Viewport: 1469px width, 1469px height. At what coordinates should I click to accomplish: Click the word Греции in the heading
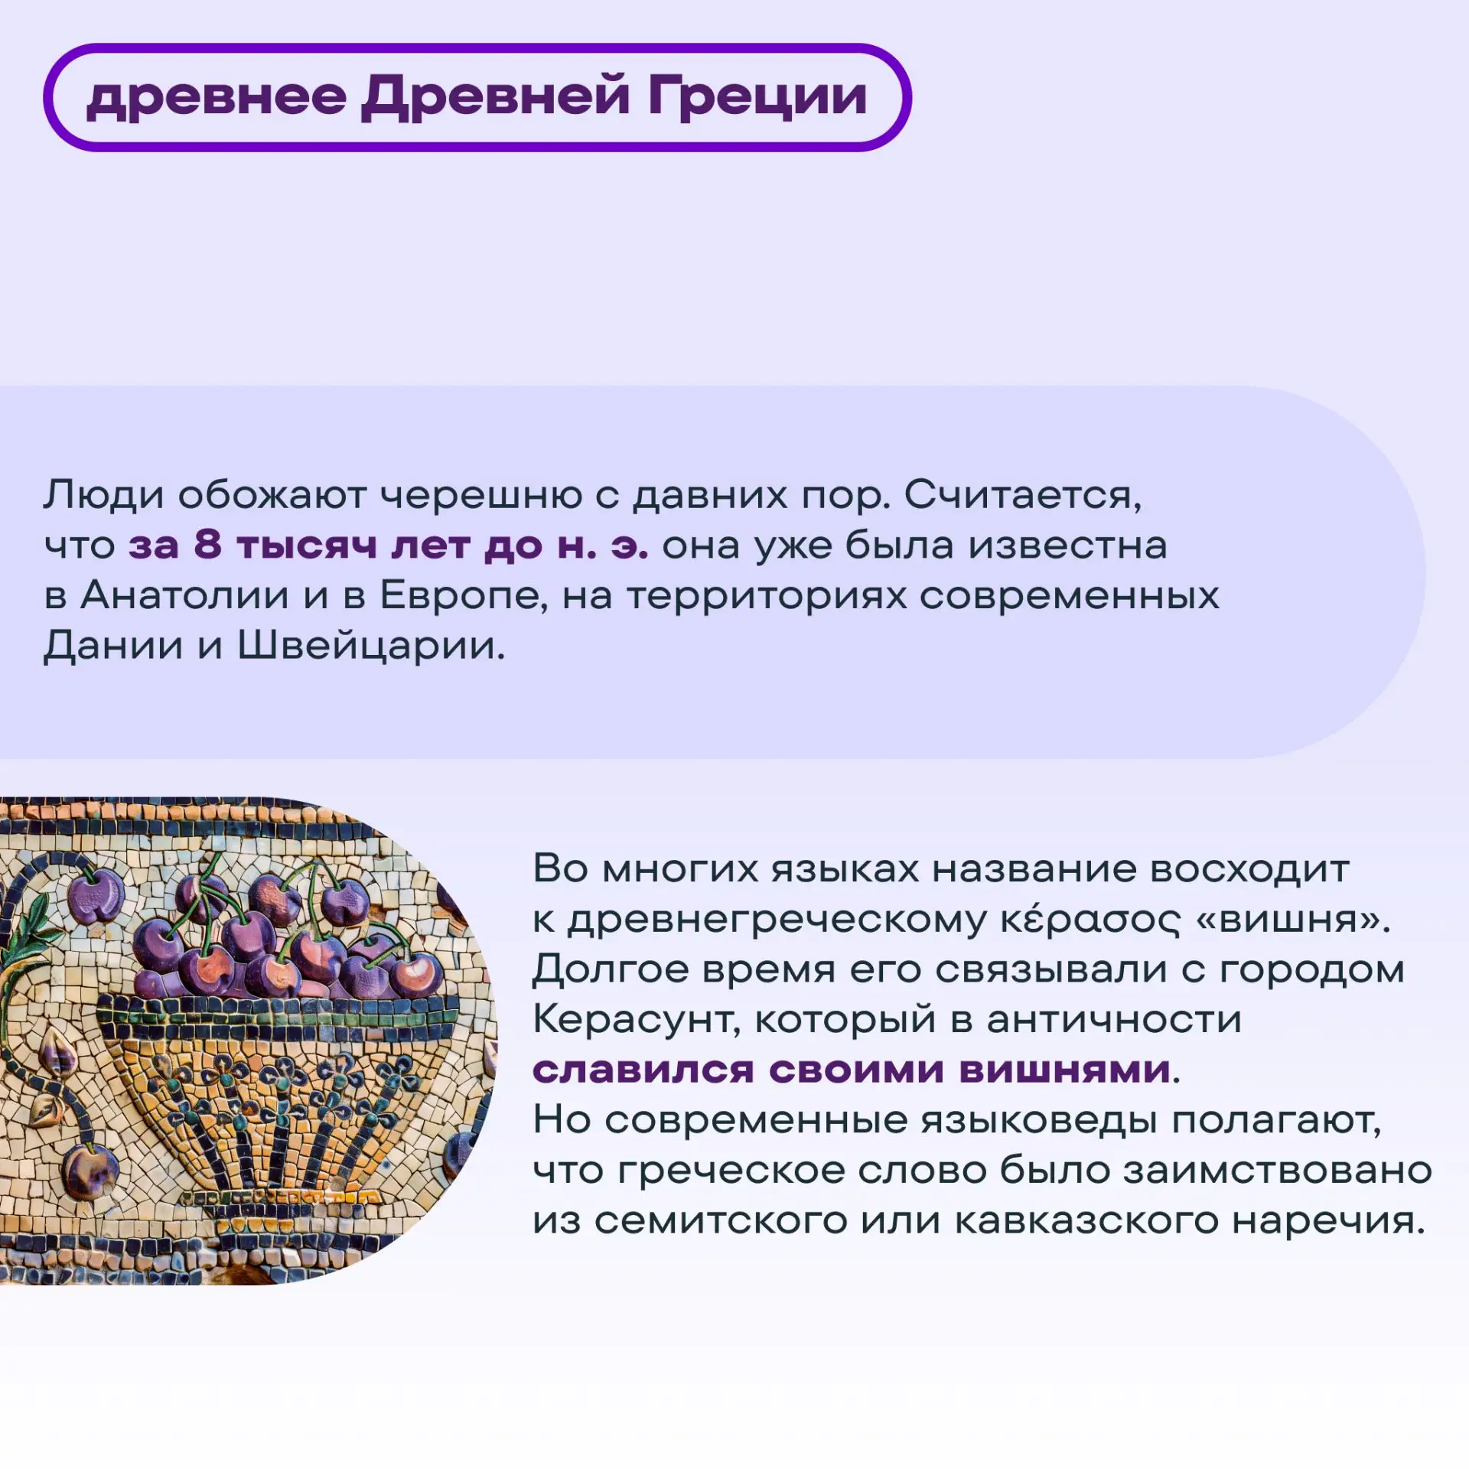click(757, 99)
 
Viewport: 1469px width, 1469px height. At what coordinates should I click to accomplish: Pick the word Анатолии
click(184, 595)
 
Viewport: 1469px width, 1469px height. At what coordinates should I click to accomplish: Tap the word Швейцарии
click(370, 646)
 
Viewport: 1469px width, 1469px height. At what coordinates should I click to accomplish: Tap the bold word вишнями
click(1064, 1070)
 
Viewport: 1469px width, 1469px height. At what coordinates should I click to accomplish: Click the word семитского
click(721, 1220)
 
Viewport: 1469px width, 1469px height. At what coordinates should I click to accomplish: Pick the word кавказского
click(1086, 1220)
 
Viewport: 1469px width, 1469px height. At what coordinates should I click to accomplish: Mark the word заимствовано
click(1277, 1170)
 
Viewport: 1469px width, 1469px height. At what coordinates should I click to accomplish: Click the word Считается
click(1023, 497)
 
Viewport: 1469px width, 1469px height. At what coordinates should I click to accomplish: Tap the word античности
click(1114, 1020)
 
